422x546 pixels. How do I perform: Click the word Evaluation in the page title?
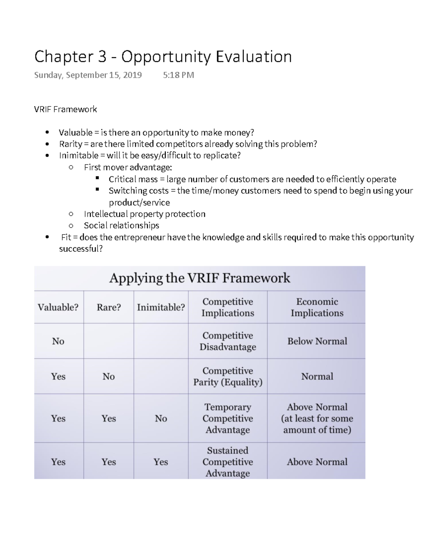254,57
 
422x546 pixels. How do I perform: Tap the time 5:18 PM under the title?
178,75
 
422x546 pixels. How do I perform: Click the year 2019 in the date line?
133,75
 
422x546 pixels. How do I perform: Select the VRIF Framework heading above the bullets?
65,109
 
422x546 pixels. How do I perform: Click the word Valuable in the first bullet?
75,133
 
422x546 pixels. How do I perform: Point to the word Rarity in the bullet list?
71,144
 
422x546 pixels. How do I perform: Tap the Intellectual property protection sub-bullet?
145,214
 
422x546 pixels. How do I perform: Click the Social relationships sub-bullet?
121,225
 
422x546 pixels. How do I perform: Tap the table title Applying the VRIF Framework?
199,278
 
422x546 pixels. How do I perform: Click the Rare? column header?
109,307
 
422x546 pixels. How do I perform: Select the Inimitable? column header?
161,307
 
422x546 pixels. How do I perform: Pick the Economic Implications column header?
316,307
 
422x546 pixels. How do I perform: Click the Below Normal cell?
316,341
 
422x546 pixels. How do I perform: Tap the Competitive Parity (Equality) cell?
228,376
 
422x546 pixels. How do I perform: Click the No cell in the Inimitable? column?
161,418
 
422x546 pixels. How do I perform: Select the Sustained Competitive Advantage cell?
228,462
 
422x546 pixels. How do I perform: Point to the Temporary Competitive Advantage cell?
228,418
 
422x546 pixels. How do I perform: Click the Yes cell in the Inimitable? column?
161,462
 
